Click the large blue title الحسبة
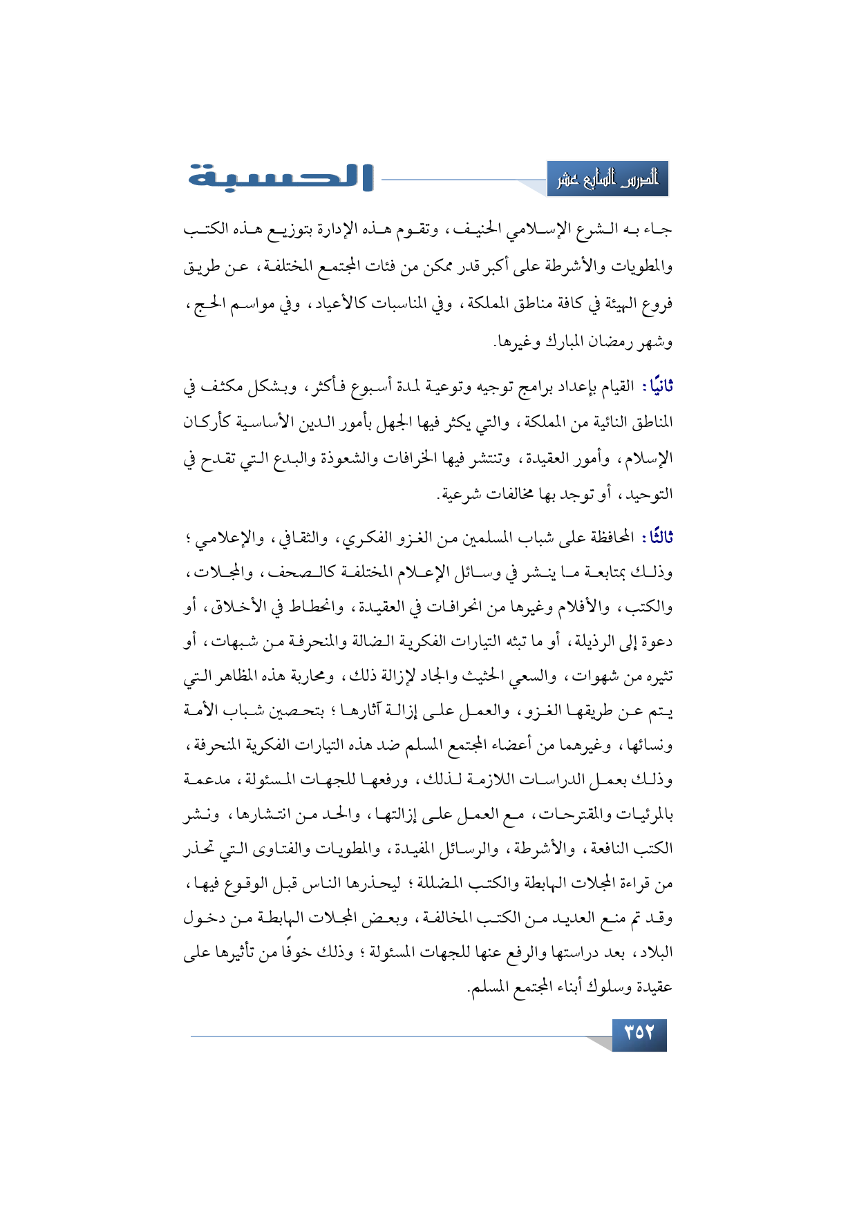(x=281, y=177)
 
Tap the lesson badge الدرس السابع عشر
(x=608, y=180)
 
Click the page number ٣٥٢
(x=639, y=1034)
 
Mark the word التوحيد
(x=646, y=494)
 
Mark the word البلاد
(x=653, y=953)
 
